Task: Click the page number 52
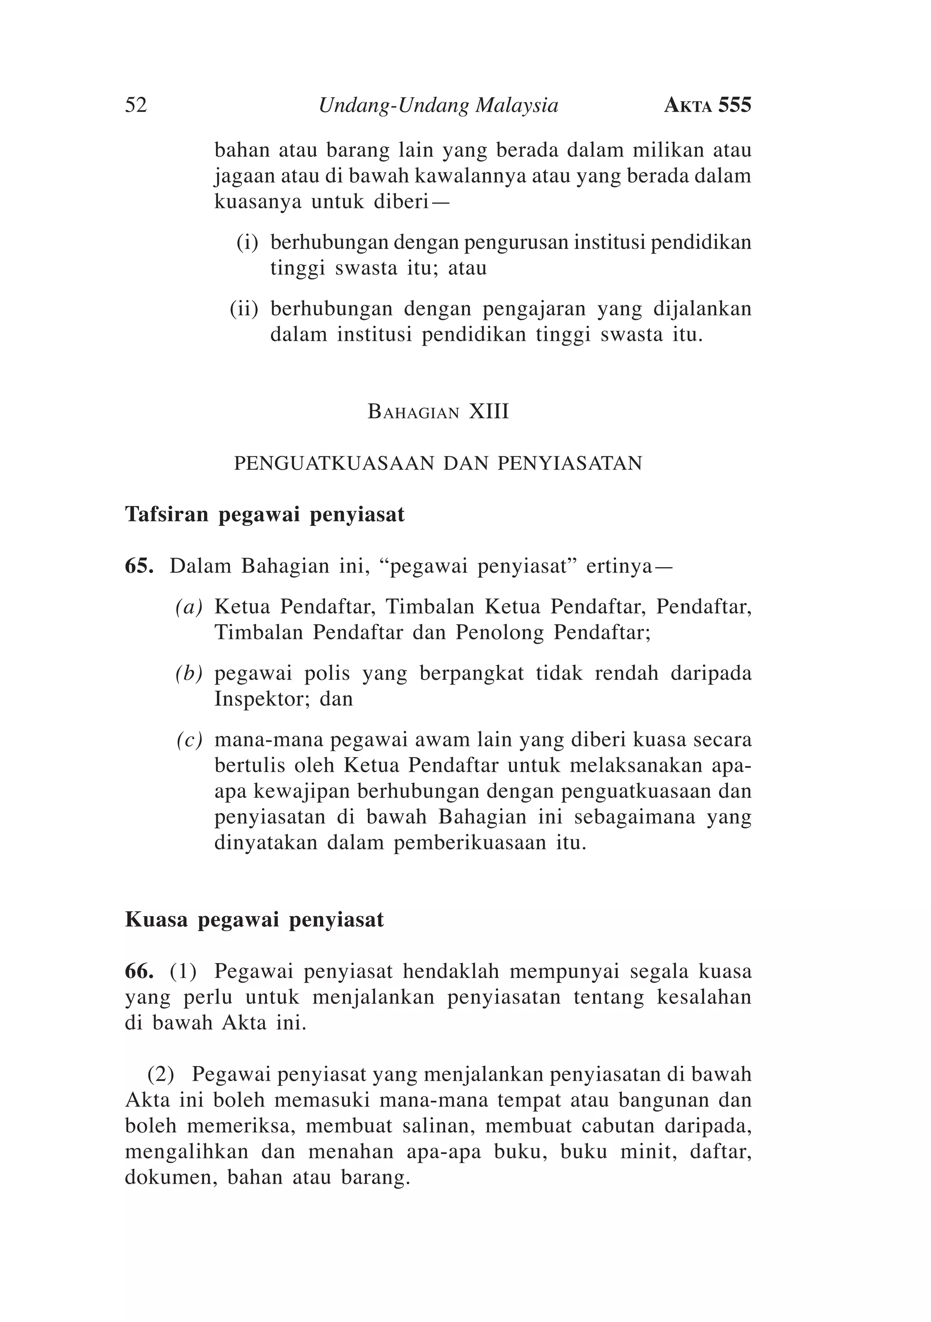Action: click(136, 105)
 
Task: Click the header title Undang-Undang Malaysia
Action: click(438, 105)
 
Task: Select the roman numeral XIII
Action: click(489, 412)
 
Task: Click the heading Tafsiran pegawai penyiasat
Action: click(265, 514)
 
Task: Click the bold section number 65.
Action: click(139, 566)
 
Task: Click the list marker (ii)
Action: click(244, 309)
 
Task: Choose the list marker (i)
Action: click(247, 242)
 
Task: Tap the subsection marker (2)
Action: click(161, 1074)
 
